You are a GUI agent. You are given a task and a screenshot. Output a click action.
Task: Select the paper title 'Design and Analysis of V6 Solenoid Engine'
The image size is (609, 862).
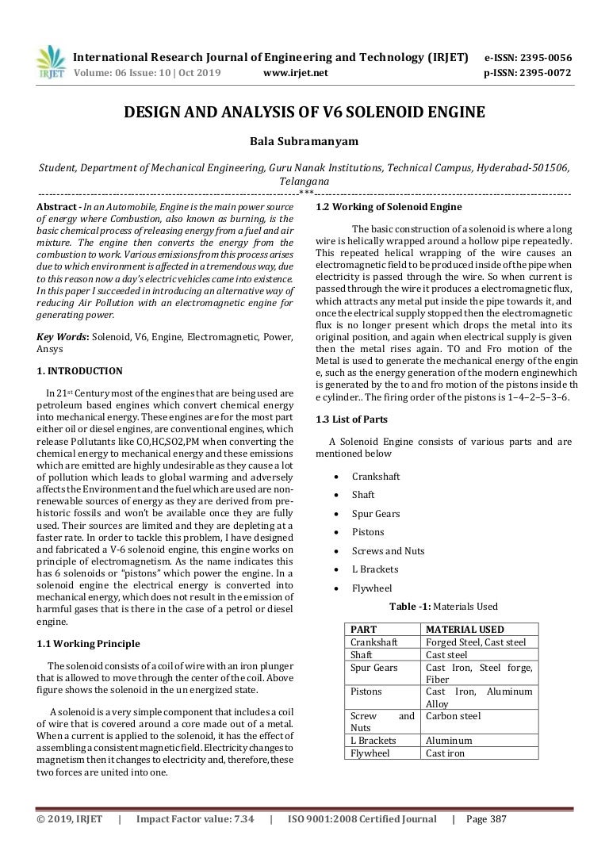point(304,113)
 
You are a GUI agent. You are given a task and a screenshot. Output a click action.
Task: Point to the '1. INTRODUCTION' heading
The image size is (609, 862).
point(80,370)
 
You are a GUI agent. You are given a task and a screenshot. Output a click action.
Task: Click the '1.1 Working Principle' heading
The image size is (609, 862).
point(88,643)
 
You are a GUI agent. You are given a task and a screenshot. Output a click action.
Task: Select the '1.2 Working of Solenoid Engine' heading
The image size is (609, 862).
point(389,207)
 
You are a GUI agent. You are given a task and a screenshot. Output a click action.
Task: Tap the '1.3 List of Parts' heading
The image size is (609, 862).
point(351,419)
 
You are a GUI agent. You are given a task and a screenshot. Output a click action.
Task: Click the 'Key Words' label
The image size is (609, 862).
point(63,337)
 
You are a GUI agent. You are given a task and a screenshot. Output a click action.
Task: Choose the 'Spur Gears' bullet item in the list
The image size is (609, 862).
point(376,513)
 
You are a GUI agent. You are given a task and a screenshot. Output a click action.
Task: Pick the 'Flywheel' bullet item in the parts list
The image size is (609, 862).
point(371,588)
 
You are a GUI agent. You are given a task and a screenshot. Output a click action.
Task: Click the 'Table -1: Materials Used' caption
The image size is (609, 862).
point(443,607)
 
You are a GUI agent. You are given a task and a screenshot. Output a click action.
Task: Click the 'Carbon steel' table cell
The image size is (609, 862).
point(454,716)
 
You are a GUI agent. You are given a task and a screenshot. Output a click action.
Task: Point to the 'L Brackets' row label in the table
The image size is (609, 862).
point(373,741)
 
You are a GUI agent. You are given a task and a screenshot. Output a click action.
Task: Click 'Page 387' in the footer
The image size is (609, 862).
point(486,819)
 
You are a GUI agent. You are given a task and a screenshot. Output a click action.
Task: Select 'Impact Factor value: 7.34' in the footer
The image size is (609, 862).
point(195,819)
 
